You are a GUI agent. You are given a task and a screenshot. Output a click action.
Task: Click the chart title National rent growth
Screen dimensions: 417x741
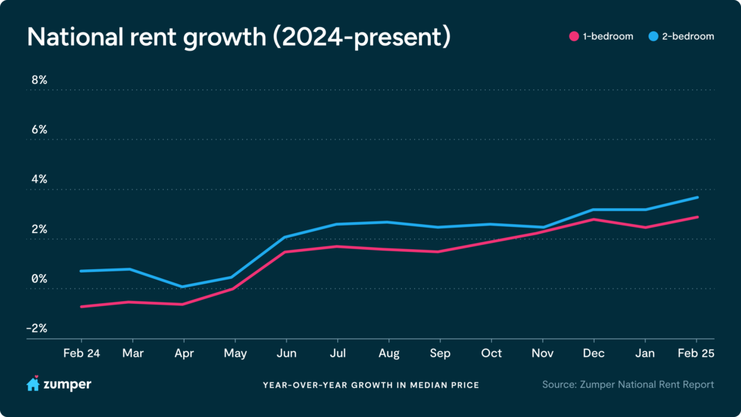point(239,37)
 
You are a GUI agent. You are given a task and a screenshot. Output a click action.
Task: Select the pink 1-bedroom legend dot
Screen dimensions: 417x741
point(574,36)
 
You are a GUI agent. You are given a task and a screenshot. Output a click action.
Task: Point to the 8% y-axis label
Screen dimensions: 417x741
point(39,80)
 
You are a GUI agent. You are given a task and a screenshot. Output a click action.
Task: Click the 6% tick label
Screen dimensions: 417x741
point(39,130)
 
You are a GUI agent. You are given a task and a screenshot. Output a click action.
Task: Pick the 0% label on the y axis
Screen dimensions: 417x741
point(39,279)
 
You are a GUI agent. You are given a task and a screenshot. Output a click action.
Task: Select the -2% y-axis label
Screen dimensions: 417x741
point(37,328)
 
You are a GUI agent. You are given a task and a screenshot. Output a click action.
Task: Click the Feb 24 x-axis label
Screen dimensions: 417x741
point(81,353)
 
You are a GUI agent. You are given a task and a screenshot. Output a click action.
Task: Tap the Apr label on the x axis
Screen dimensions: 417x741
point(183,353)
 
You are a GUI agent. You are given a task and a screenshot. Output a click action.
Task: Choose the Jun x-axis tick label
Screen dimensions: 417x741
point(286,353)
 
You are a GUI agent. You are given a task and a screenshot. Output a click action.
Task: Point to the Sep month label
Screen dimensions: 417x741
point(440,353)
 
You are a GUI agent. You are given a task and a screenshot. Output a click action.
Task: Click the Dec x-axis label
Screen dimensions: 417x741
point(594,353)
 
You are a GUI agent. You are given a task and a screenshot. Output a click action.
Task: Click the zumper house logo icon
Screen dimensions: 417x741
point(33,384)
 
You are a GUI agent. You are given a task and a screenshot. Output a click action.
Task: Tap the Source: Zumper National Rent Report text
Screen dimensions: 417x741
point(628,384)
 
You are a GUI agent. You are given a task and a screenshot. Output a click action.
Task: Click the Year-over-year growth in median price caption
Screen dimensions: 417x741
point(370,385)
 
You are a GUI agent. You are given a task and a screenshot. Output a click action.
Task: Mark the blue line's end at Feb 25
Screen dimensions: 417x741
point(697,197)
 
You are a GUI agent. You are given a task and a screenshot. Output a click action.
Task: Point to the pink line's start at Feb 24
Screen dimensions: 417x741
point(81,306)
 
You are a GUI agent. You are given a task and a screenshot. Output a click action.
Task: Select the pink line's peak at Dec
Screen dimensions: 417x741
point(594,219)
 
